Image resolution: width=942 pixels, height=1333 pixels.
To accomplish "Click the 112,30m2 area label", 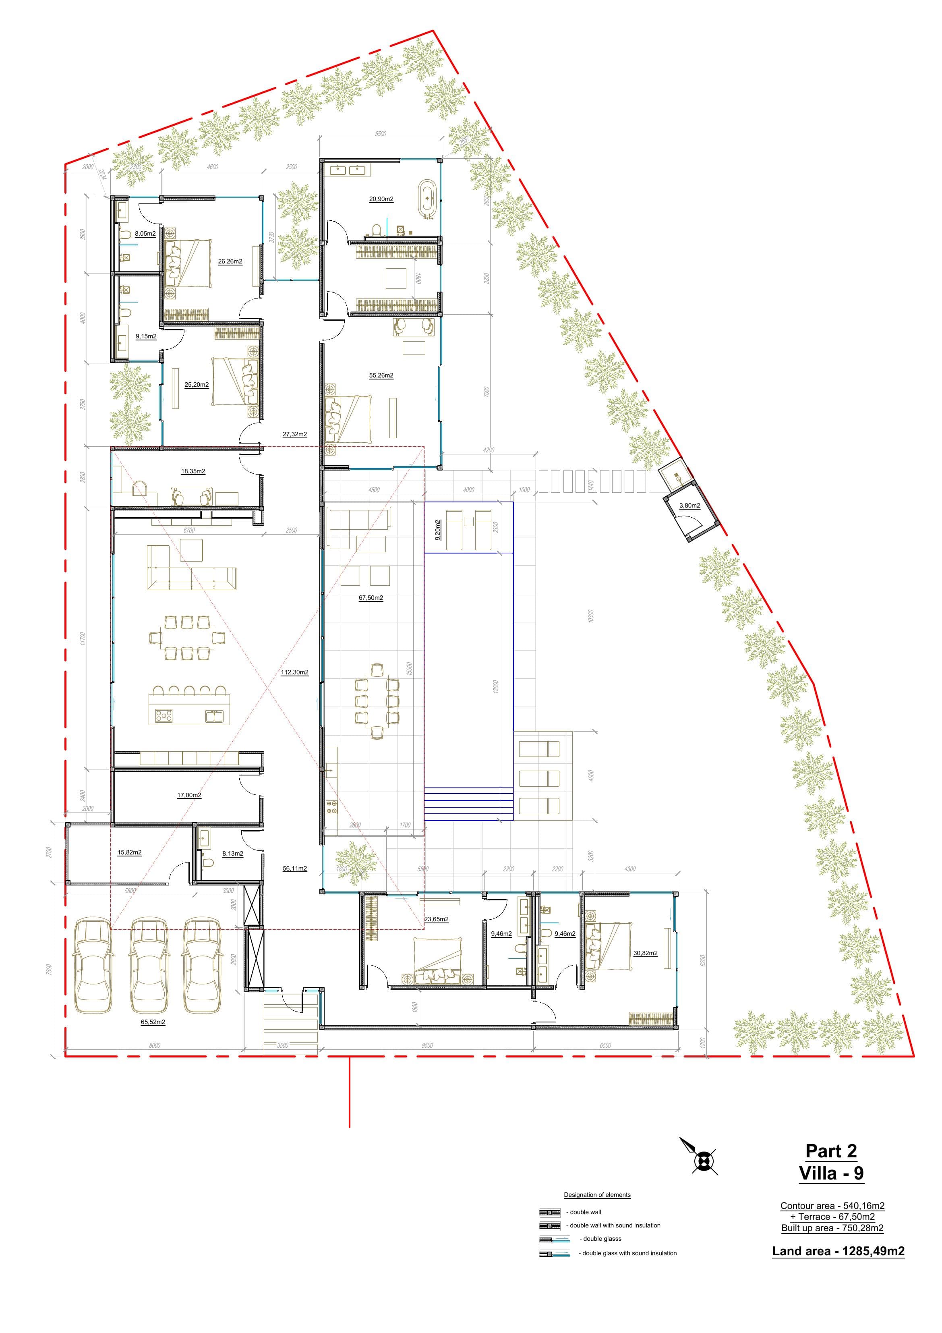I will coord(294,672).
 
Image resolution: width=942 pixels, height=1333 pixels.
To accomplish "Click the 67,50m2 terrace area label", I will coord(371,597).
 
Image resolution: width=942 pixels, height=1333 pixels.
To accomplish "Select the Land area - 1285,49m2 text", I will coord(838,1251).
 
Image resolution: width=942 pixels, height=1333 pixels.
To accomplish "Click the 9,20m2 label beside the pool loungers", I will coord(438,529).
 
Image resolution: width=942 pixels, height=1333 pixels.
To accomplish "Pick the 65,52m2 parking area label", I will coord(153,1022).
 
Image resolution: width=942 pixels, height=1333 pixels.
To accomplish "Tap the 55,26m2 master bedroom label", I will coord(381,375).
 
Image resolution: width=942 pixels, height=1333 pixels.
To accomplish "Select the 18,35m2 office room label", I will coord(193,471).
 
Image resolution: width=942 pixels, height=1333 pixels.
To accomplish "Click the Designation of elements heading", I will coord(597,1195).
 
